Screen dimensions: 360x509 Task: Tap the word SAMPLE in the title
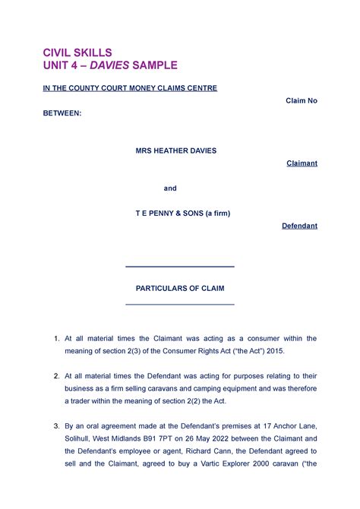[x=154, y=66]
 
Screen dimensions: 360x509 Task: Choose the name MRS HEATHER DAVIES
[x=175, y=150]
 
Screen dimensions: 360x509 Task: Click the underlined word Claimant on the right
[x=302, y=163]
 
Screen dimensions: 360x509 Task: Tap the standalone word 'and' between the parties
[x=171, y=188]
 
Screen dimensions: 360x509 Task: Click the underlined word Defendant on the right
[x=299, y=226]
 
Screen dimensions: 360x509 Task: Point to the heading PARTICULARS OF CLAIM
[x=180, y=289]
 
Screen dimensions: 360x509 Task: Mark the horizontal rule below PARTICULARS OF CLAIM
[x=179, y=304]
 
